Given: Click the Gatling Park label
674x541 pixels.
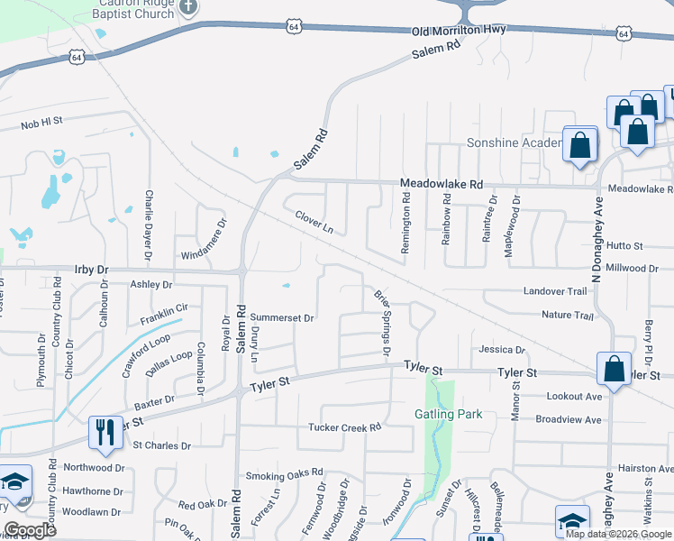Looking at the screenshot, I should coord(449,414).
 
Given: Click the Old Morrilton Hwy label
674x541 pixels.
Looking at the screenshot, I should coord(460,31).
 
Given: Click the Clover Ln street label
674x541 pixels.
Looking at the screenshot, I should coord(314,221).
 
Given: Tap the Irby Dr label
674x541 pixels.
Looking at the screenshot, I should coord(90,270).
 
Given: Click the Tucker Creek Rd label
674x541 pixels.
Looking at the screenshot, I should coord(345,427).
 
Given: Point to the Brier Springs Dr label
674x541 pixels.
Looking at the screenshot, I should coord(382,320).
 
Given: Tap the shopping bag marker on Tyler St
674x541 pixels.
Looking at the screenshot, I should coord(614,370).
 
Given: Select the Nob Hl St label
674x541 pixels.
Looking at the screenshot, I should coord(41,120).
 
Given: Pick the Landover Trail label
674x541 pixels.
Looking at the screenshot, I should coord(555,291).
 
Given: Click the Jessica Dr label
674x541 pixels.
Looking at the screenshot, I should coord(502,349).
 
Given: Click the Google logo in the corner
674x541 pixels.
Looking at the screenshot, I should coord(30,530).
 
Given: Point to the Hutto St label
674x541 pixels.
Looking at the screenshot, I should coord(624,245).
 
